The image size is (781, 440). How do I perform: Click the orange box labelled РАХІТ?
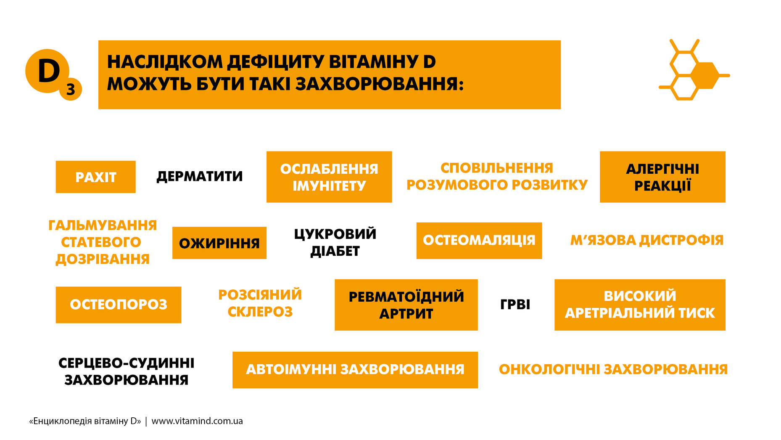(95, 177)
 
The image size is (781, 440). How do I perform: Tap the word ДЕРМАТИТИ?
(200, 176)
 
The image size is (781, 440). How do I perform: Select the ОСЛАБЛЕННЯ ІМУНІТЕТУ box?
(329, 177)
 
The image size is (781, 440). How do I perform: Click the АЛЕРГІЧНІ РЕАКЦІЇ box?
(662, 177)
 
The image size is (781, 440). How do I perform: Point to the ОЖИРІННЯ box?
(219, 243)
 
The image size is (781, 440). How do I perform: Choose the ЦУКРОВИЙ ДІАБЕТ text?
(335, 242)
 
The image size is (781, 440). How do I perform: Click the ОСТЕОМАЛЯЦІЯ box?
(479, 241)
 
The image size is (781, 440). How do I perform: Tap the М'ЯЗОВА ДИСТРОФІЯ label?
(647, 240)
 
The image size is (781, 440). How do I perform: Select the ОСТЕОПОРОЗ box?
(119, 305)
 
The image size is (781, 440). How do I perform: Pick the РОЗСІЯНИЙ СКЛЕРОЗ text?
(260, 303)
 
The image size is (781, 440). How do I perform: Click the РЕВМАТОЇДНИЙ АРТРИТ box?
(406, 305)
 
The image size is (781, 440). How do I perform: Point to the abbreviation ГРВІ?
(515, 304)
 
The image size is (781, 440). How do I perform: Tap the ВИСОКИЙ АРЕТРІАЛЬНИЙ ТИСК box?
(640, 305)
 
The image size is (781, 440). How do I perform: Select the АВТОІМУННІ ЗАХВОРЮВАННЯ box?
(355, 370)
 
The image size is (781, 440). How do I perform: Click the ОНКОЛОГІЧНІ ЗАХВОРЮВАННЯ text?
(613, 369)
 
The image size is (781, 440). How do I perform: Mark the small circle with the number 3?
(71, 89)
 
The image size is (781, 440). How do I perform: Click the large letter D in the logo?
(49, 70)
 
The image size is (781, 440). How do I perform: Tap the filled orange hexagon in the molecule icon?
(706, 76)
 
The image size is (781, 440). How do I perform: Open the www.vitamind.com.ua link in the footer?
(197, 421)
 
